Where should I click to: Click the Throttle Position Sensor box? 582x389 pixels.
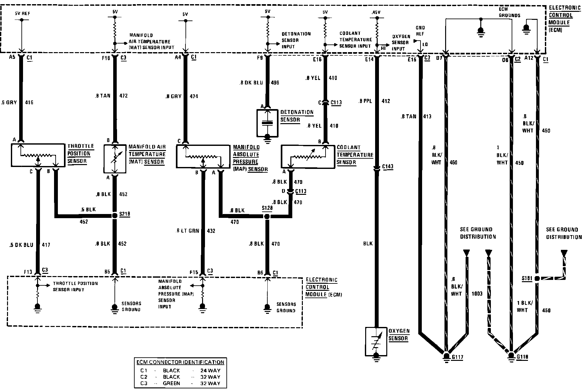point(38,155)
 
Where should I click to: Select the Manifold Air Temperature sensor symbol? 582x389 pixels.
point(115,159)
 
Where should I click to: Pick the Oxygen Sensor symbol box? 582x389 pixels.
point(376,341)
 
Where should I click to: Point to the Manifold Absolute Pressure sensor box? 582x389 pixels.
point(203,156)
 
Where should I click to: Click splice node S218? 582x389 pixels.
point(115,216)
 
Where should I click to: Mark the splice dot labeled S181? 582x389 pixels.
point(537,278)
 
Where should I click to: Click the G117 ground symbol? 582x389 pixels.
point(446,356)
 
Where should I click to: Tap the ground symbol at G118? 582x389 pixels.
point(511,356)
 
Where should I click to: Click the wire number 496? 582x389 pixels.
point(275,83)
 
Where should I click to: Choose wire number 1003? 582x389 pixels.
point(477,294)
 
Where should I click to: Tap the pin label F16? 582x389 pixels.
point(106,58)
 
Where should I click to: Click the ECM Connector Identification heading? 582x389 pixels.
point(180,362)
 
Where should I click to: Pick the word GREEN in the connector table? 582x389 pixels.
point(171,383)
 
